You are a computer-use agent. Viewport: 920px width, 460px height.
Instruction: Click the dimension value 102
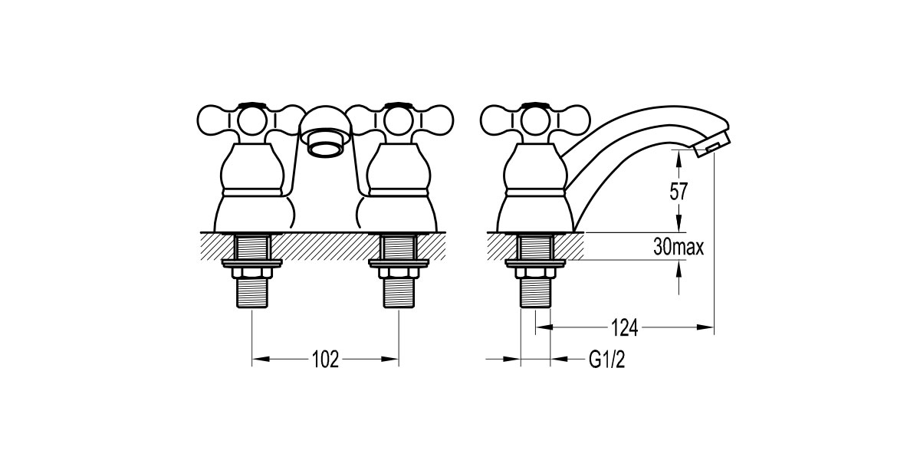325,360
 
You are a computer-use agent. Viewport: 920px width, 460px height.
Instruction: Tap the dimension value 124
624,327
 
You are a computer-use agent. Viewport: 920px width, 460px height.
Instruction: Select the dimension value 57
678,192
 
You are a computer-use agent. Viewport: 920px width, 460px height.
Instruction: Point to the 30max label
678,247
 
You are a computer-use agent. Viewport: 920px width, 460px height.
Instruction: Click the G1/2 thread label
607,360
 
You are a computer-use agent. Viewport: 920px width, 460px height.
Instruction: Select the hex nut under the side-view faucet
535,273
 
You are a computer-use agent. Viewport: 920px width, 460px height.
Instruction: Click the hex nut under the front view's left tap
252,273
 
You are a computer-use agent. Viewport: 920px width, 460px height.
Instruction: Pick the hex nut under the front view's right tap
399,273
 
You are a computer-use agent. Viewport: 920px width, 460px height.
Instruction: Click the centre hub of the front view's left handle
251,121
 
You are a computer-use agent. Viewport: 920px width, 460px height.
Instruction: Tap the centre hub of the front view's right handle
399,121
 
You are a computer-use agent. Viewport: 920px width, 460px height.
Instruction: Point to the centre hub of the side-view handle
535,121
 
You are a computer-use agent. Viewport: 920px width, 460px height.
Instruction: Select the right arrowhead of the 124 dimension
705,327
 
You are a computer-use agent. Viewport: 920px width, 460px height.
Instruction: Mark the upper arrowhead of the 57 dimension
678,158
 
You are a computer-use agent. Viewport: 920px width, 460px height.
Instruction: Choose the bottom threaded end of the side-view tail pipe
535,293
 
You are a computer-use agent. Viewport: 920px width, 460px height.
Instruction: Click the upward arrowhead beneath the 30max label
678,268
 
